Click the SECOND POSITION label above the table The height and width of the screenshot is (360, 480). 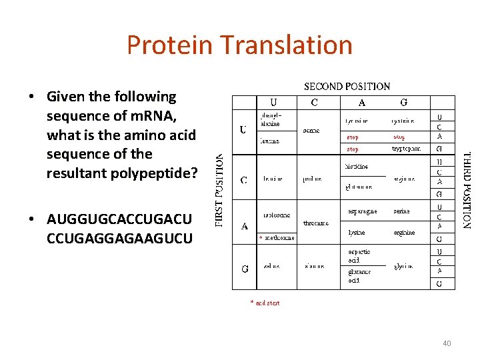point(347,87)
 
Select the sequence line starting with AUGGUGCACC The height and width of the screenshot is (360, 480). point(119,219)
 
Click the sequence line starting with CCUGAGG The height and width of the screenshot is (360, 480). point(119,238)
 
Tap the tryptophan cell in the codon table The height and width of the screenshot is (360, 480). point(406,149)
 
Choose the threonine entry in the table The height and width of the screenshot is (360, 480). point(315,223)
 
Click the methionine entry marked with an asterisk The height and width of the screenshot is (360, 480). point(278,238)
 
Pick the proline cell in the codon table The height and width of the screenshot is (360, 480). point(311,179)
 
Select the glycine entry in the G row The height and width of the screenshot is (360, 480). point(403,266)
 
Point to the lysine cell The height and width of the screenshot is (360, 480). point(356,233)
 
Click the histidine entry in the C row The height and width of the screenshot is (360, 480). point(357,166)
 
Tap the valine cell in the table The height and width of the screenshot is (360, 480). point(270,266)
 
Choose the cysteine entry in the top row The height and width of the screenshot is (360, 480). point(403,121)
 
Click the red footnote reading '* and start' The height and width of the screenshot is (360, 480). point(265,303)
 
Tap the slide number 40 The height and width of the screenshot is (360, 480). point(446,343)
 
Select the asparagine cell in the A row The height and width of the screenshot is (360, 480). point(363,211)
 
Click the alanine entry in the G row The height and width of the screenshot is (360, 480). point(314,266)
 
